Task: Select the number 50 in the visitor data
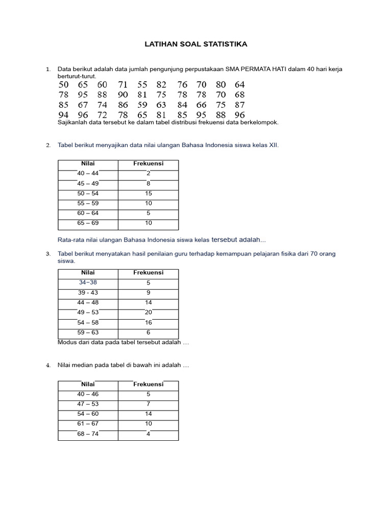click(x=63, y=85)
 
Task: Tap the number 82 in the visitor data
click(x=161, y=85)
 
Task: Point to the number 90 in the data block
click(x=122, y=95)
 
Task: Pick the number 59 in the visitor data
click(x=142, y=105)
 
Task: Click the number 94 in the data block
click(x=63, y=115)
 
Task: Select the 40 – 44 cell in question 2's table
click(x=88, y=174)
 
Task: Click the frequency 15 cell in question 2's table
click(x=148, y=194)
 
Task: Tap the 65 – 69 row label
click(x=88, y=223)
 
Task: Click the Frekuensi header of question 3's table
click(x=148, y=273)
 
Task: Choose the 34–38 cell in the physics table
click(x=88, y=282)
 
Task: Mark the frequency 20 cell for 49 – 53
click(x=148, y=312)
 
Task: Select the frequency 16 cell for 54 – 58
click(x=148, y=322)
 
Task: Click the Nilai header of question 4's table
click(x=88, y=384)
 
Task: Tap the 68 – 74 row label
click(x=88, y=434)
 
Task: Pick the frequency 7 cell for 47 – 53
click(x=148, y=404)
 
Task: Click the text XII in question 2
click(x=273, y=146)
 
